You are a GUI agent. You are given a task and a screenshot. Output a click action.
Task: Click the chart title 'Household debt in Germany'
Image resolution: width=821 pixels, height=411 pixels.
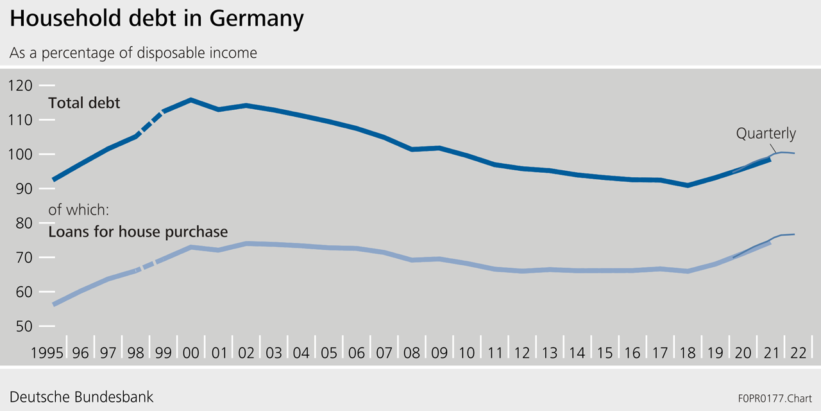[157, 19]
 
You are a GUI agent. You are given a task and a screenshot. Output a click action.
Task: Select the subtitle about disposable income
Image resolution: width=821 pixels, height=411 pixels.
[133, 53]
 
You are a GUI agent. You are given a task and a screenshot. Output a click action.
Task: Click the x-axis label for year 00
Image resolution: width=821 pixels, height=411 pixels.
[191, 353]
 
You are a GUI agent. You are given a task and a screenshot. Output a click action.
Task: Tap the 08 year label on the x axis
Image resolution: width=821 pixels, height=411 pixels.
[412, 353]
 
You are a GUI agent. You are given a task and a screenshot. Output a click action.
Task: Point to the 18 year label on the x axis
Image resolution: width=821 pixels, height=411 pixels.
[688, 353]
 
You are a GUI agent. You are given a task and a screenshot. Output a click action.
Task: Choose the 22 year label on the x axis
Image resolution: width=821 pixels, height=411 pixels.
[797, 353]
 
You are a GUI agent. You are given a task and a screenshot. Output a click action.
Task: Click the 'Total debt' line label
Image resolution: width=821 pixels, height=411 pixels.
[84, 103]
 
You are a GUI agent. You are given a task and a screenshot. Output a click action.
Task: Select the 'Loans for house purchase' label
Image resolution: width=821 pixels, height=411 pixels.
[138, 232]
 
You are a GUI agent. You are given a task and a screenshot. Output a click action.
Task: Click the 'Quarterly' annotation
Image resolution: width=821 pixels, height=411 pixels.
[766, 134]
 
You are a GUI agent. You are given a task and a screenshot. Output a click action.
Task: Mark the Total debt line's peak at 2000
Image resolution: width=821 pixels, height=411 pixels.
[191, 100]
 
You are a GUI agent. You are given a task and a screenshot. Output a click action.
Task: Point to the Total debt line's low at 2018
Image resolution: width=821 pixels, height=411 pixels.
[688, 185]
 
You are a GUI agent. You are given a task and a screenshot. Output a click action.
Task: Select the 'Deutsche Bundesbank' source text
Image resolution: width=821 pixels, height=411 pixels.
[81, 396]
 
